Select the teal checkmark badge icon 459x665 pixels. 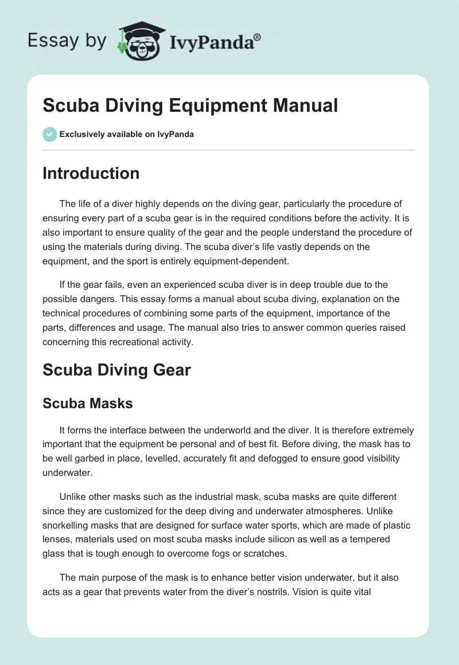coord(49,134)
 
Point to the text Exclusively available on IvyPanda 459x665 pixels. coord(126,134)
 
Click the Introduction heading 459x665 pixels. coord(91,173)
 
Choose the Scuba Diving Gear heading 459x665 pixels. coord(116,370)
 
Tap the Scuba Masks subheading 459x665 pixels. coord(88,403)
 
